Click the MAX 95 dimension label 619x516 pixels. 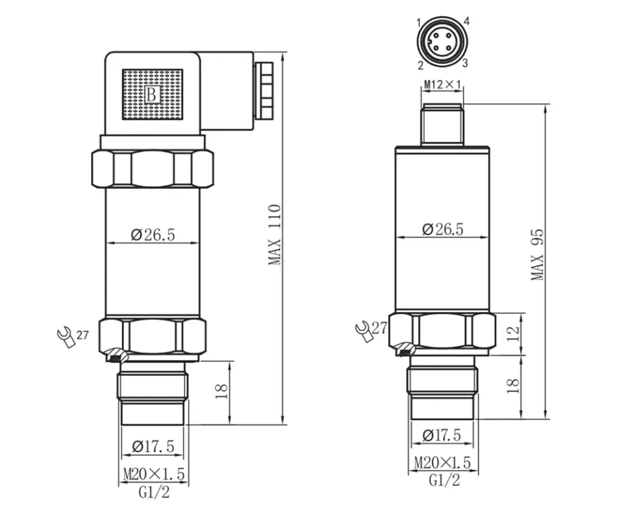click(537, 254)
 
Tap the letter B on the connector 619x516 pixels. click(152, 95)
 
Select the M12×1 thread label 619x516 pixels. click(442, 84)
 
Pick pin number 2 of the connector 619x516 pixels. click(420, 64)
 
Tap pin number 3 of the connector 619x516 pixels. click(464, 63)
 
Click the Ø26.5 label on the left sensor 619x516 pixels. click(153, 234)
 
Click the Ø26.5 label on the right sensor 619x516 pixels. click(442, 229)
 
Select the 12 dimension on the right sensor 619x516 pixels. click(513, 333)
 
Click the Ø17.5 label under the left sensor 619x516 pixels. click(153, 446)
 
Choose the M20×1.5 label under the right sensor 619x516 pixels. click(442, 462)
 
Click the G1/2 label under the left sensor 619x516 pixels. click(154, 492)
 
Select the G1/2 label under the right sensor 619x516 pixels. click(444, 480)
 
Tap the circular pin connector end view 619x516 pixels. click(442, 43)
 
